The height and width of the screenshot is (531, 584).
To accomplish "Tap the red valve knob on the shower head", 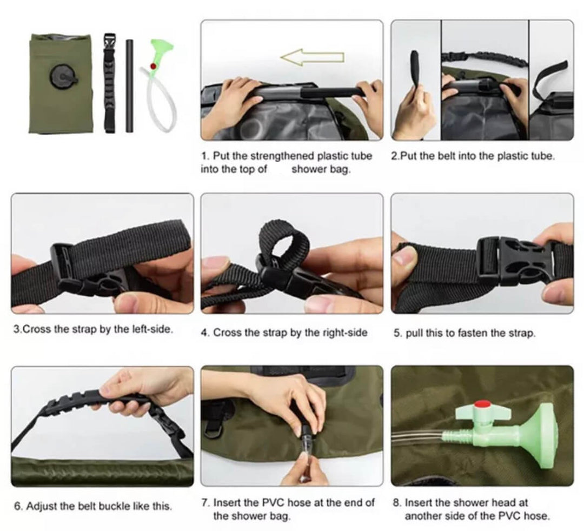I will (478, 404).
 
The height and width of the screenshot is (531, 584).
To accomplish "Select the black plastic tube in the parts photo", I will (129, 85).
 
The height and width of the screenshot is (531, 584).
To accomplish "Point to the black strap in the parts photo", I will (110, 84).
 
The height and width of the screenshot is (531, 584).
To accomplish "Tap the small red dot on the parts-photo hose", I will (154, 66).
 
